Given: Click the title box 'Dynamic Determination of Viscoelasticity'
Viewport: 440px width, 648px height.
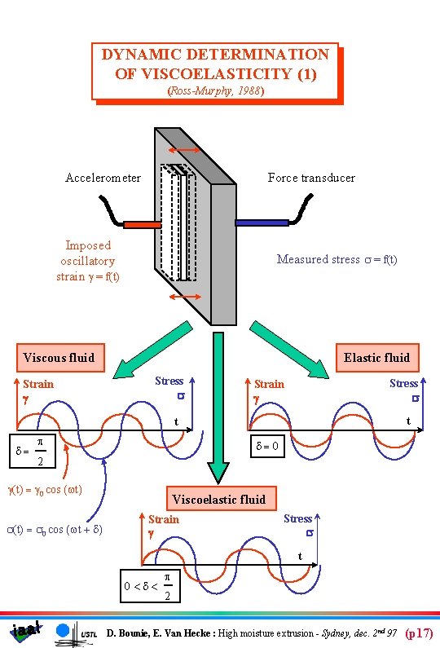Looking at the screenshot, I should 214,64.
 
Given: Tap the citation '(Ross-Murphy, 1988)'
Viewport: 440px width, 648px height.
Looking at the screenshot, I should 215,91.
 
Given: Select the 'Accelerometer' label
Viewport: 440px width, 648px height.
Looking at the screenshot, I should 103,178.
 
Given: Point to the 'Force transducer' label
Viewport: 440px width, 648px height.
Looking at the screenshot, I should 311,178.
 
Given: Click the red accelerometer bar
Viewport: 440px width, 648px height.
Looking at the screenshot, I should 142,223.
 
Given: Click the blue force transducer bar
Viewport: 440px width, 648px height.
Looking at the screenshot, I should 262,222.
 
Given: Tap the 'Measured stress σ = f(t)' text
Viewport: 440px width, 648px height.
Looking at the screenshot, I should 337,259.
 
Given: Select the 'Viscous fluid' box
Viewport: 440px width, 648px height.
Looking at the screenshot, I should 59,357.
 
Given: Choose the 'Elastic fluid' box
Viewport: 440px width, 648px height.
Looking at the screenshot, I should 376,357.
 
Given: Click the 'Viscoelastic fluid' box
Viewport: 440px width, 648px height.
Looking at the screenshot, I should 218,499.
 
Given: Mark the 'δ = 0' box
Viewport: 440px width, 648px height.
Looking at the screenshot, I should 269,447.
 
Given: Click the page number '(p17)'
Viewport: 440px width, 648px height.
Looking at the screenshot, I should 419,633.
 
